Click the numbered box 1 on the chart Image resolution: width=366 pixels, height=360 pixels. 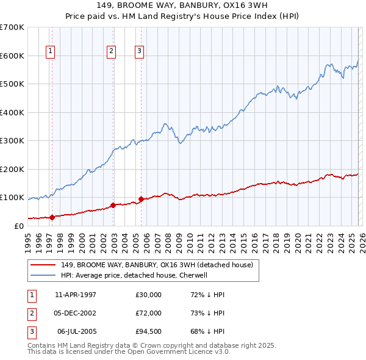pyautogui.click(x=49, y=51)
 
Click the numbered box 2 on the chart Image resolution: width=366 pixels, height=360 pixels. pyautogui.click(x=111, y=51)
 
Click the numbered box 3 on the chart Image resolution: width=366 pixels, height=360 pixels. pyautogui.click(x=139, y=51)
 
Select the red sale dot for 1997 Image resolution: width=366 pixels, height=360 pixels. pyautogui.click(x=52, y=217)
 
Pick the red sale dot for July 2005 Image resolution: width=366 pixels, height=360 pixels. pyautogui.click(x=141, y=199)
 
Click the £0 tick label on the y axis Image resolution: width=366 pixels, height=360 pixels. pyautogui.click(x=18, y=226)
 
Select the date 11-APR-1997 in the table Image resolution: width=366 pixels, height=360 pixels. pyautogui.click(x=76, y=295)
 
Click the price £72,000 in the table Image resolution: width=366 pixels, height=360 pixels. pyautogui.click(x=148, y=313)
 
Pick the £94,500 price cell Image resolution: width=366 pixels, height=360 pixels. pyautogui.click(x=148, y=331)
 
